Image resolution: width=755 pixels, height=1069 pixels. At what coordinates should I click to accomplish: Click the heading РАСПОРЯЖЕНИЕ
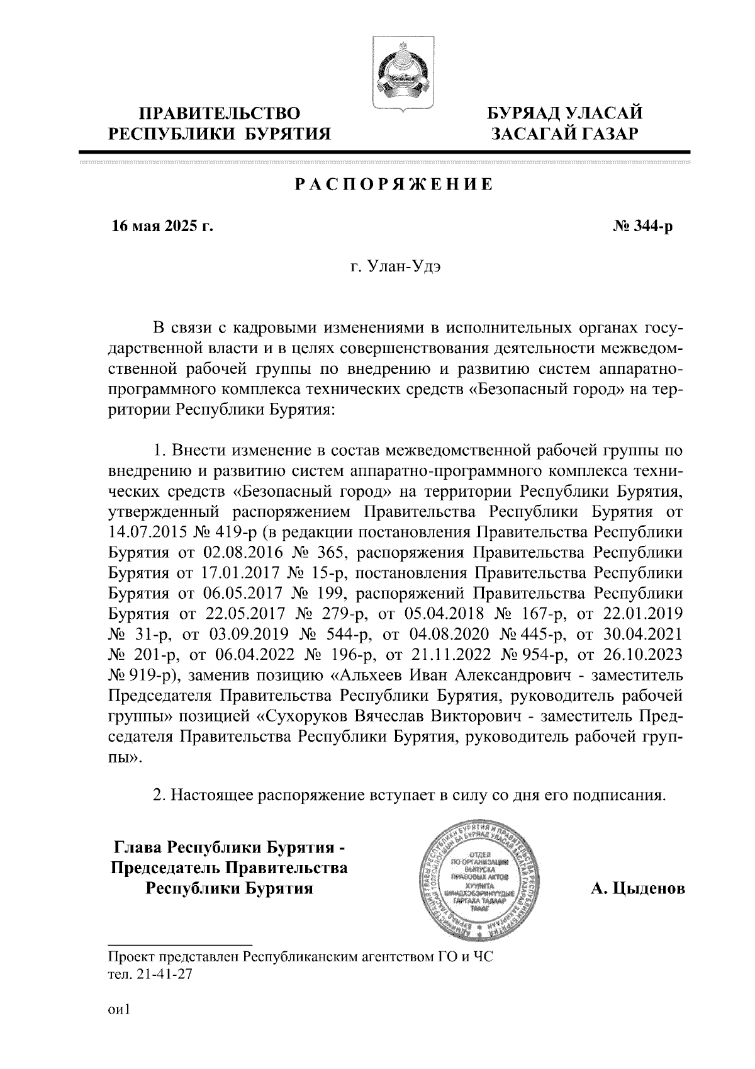(394, 185)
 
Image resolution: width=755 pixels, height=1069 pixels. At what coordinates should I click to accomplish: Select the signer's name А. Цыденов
(637, 889)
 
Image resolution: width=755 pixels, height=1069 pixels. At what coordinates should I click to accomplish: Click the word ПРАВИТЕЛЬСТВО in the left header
(220, 114)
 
